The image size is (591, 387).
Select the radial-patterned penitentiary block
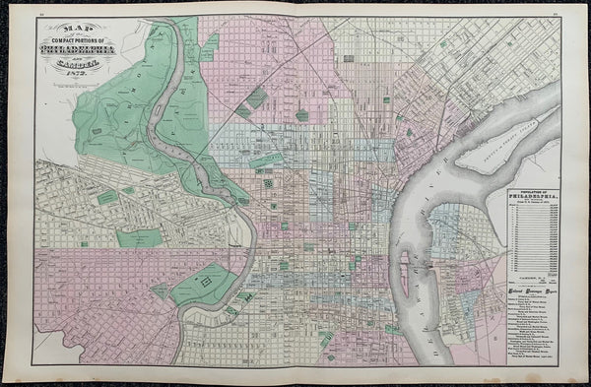tap(268, 183)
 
